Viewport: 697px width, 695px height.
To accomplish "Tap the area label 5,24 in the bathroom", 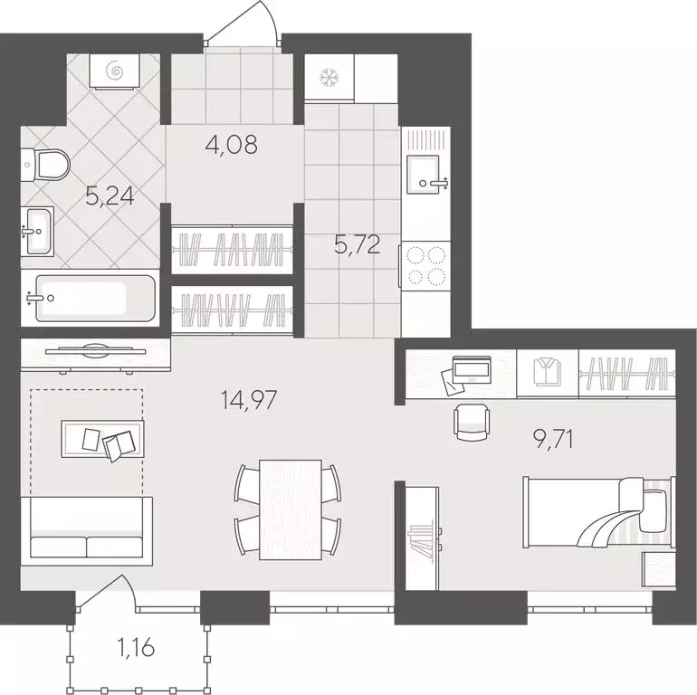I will (x=109, y=196).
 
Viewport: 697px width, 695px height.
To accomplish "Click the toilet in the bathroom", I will (x=47, y=165).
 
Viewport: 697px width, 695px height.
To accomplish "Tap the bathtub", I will (x=89, y=298).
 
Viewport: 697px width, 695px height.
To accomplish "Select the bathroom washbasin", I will (x=38, y=232).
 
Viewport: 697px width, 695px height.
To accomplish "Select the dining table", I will (x=290, y=502).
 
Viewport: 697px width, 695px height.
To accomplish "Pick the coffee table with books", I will (x=101, y=441).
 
